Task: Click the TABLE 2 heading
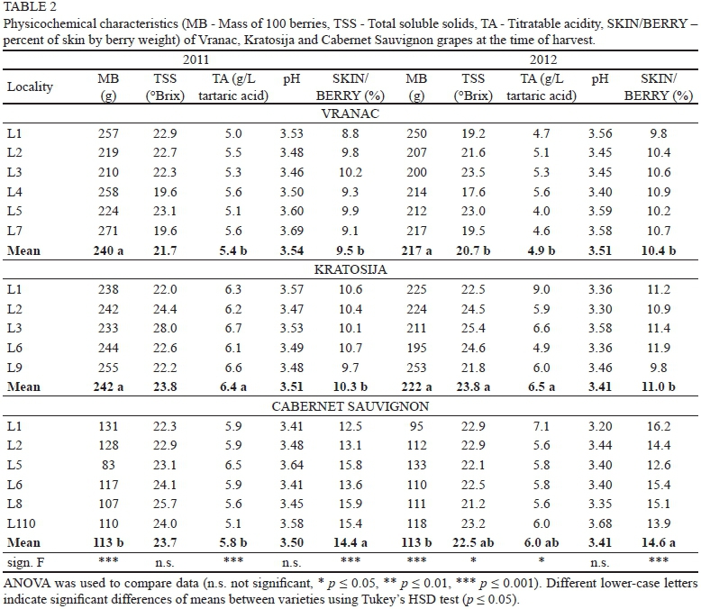coord(30,8)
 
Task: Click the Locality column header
coord(31,87)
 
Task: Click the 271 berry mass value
coord(109,231)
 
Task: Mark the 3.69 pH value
coord(292,231)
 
